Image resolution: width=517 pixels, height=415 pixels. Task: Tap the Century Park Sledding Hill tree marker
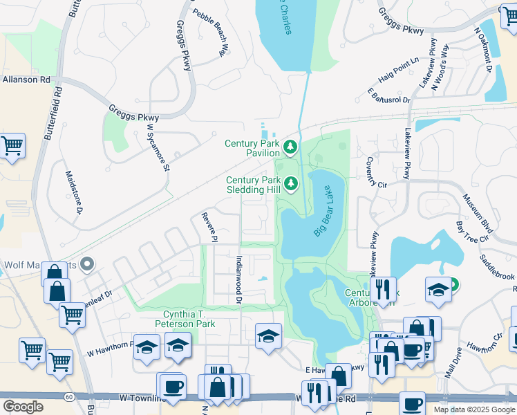pos(291,183)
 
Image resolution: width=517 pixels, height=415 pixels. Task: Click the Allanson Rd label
pos(26,80)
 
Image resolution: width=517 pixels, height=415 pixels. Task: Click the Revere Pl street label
pos(205,227)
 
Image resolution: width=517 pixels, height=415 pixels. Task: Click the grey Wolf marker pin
pos(87,264)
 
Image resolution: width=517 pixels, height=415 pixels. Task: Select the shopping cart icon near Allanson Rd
pos(12,146)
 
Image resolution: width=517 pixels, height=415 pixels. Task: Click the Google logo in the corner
pos(23,406)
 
